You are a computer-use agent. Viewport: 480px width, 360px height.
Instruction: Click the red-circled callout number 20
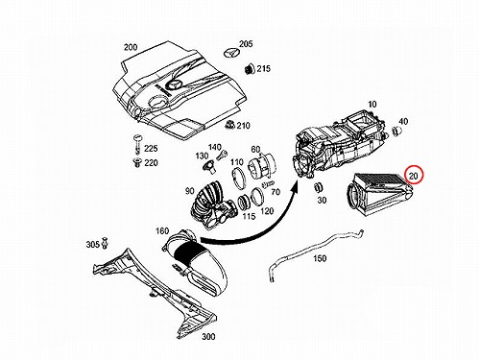[414, 176]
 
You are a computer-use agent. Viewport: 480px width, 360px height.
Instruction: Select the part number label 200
[131, 47]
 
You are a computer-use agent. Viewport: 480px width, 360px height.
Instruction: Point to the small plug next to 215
[249, 69]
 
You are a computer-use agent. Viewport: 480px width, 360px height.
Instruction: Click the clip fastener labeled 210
[229, 124]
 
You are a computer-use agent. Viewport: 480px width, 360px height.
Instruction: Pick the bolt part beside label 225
[138, 144]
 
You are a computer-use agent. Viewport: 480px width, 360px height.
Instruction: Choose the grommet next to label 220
[137, 162]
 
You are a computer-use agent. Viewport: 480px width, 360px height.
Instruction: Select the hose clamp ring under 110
[238, 178]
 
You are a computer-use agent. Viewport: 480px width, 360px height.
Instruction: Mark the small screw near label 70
[268, 183]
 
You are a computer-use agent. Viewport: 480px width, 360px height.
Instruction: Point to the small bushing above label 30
[318, 187]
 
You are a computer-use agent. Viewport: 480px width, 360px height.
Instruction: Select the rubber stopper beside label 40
[397, 132]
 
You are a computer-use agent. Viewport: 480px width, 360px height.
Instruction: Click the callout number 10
[372, 104]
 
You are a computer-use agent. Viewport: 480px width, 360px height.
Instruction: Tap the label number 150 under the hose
[320, 258]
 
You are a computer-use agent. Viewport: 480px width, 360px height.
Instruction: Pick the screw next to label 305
[105, 243]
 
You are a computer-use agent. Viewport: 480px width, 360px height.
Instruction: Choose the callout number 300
[208, 336]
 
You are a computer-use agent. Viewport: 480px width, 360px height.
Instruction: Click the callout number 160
[162, 231]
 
